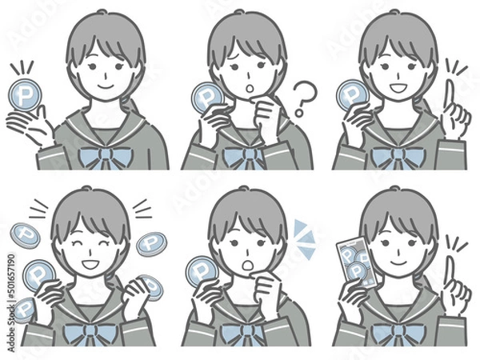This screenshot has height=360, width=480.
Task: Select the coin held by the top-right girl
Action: [350, 94]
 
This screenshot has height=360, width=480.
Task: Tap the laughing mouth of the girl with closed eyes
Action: [90, 261]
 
